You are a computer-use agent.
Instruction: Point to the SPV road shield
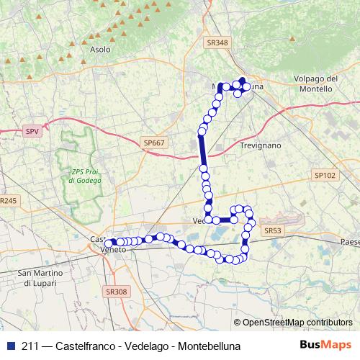(32, 132)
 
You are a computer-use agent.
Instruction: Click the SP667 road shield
(154, 143)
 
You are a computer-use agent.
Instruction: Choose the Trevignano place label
(259, 145)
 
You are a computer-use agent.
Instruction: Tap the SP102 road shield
(325, 175)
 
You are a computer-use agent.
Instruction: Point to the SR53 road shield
(271, 230)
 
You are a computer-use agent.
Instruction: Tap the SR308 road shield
(116, 292)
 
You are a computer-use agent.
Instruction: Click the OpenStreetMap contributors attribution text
(296, 323)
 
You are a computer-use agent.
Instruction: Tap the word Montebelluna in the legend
(207, 346)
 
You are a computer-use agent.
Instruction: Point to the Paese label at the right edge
(350, 243)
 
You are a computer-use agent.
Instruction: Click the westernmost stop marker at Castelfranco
(109, 243)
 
